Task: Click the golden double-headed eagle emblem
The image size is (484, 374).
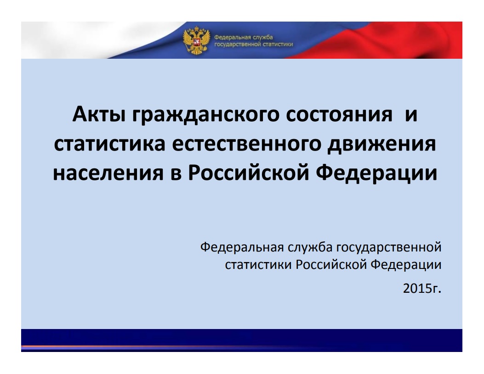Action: pos(196,40)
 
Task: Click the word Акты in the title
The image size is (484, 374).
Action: pos(99,114)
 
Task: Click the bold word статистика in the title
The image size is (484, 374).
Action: pos(109,145)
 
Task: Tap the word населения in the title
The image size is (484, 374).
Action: pos(108,173)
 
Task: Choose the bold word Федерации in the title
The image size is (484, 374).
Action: pos(376,173)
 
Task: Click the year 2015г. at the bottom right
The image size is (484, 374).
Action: pos(422,289)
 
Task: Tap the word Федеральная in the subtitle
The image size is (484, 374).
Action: pos(242,247)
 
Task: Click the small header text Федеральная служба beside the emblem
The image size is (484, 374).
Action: pos(244,37)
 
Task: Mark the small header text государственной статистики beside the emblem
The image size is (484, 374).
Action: pos(253,45)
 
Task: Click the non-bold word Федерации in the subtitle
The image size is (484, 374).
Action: pos(406,265)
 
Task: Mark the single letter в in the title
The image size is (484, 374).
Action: pos(175,174)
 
